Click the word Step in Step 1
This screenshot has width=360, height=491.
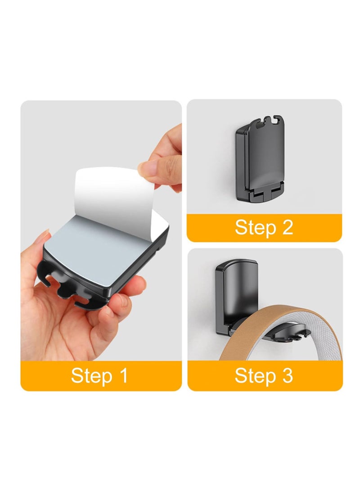tap(91, 376)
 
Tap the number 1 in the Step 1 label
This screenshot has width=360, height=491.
tap(124, 375)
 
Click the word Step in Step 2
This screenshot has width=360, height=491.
tap(256, 228)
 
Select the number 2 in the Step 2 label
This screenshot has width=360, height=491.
tap(288, 227)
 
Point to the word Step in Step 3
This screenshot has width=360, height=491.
tap(256, 376)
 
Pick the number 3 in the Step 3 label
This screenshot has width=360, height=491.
tap(288, 375)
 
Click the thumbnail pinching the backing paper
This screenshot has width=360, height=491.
tap(147, 167)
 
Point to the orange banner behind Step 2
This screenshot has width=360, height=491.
tap(264, 228)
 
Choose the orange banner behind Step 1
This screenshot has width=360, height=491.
tap(101, 376)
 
